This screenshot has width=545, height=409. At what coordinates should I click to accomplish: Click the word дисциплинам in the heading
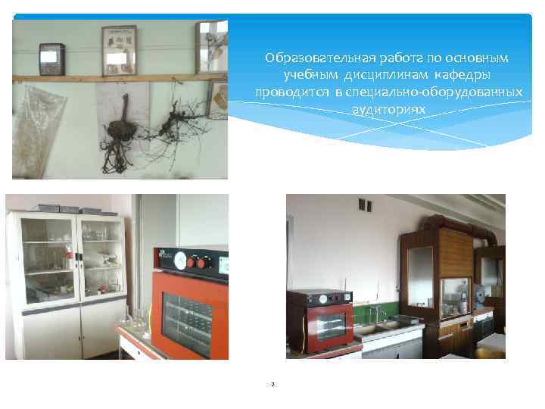(x=388, y=75)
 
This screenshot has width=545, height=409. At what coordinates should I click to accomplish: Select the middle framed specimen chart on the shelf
(x=119, y=50)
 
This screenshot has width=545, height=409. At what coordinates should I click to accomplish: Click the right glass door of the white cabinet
(x=101, y=256)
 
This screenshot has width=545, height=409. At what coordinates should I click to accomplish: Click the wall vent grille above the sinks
(x=365, y=205)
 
